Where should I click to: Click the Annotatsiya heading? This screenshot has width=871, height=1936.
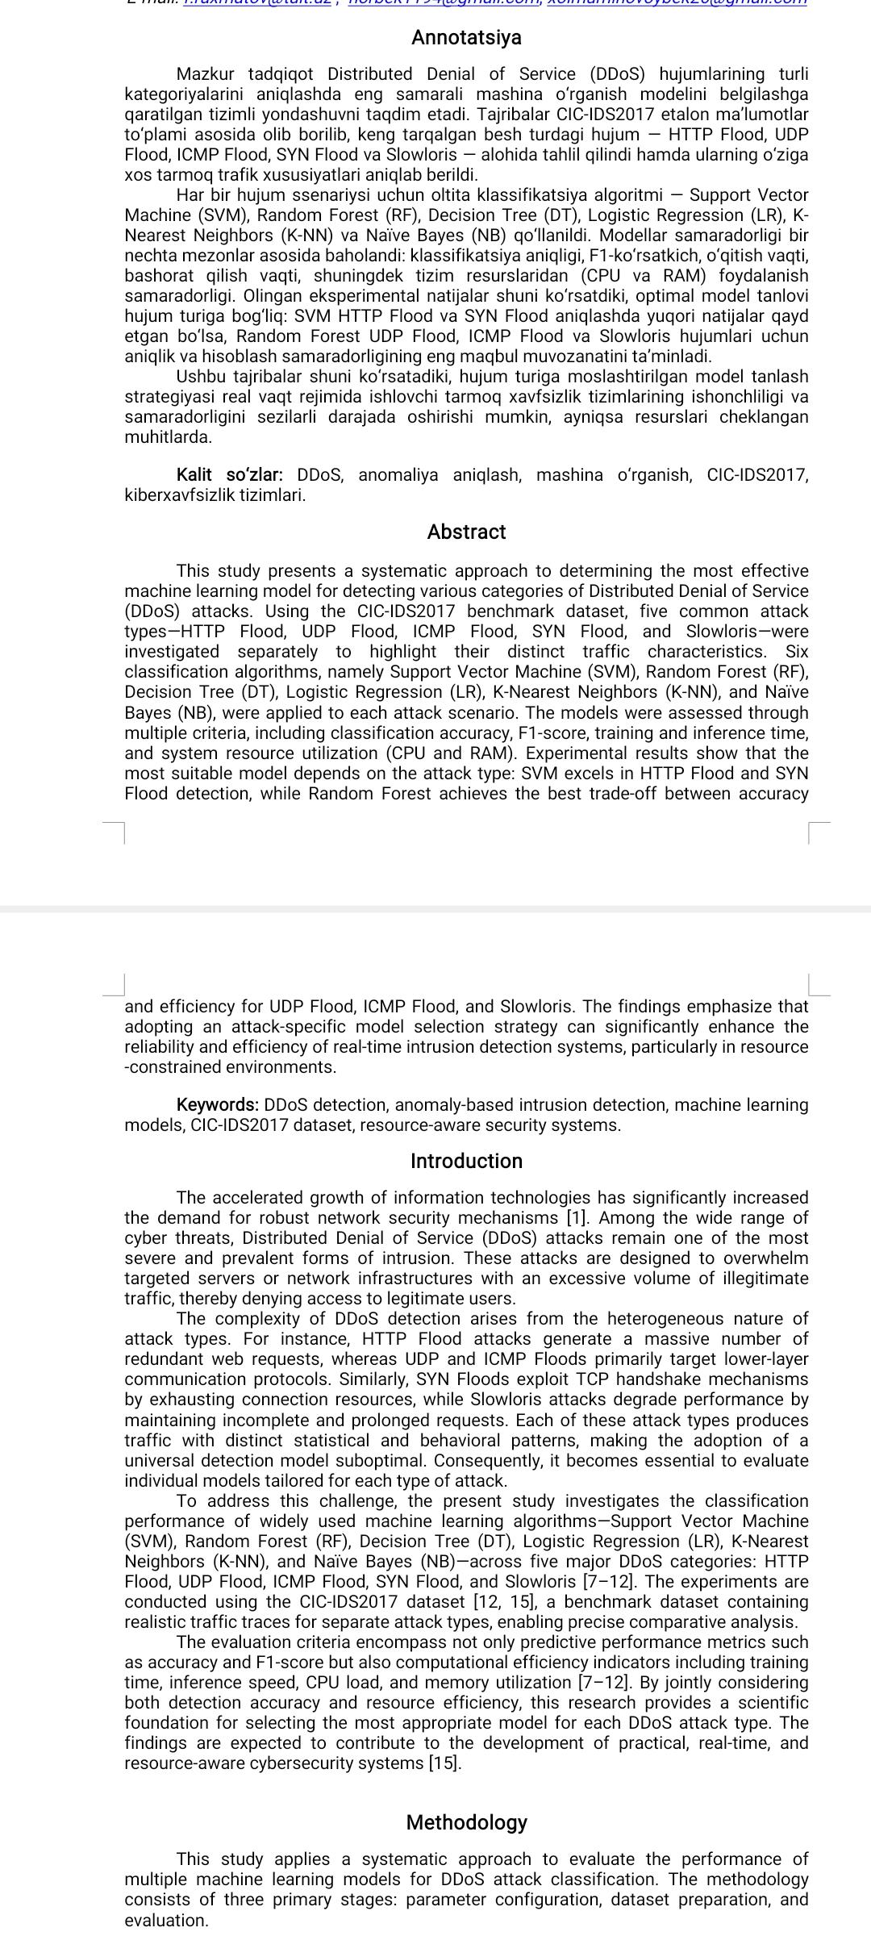point(466,37)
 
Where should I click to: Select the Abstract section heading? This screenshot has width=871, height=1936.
point(466,532)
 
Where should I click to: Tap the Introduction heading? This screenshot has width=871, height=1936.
point(466,1161)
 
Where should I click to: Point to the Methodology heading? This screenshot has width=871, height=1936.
point(466,1822)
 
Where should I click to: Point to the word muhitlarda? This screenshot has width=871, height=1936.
point(168,437)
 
